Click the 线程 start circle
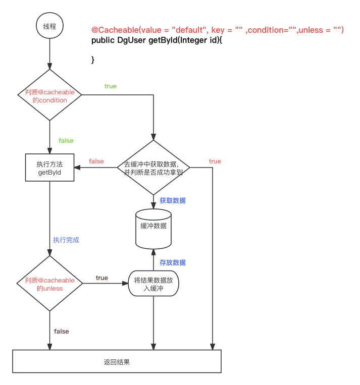click(x=49, y=26)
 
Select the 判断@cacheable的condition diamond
click(x=49, y=95)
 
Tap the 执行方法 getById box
click(x=49, y=168)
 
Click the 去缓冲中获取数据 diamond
click(x=153, y=168)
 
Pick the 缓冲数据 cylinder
click(x=153, y=228)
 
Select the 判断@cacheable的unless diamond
click(x=49, y=284)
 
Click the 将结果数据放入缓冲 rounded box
click(x=153, y=284)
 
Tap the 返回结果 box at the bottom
click(x=117, y=362)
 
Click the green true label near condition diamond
click(x=110, y=86)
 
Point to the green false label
click(x=66, y=140)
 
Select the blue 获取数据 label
click(x=172, y=200)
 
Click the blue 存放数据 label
click(x=172, y=262)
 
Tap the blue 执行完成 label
click(x=66, y=240)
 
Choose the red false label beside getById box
click(x=96, y=161)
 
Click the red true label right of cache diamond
click(x=215, y=161)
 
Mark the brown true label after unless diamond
click(x=101, y=278)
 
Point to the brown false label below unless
click(x=62, y=332)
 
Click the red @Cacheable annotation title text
click(x=217, y=30)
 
